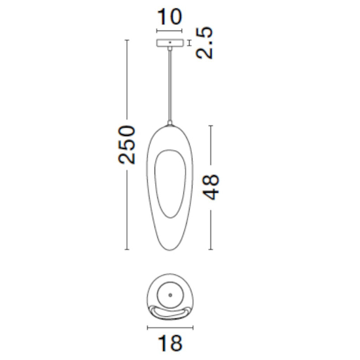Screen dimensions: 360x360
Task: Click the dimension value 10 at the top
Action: (x=170, y=17)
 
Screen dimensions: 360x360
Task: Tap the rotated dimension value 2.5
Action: (x=204, y=43)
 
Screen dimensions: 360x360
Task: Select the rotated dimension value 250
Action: (x=126, y=145)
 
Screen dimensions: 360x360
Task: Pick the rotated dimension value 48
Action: (x=211, y=187)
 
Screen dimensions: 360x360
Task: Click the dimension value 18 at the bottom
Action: (x=170, y=343)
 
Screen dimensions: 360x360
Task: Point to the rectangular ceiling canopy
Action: (x=170, y=43)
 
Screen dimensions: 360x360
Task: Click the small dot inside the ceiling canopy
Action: (x=170, y=43)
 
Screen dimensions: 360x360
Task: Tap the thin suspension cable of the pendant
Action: (x=170, y=85)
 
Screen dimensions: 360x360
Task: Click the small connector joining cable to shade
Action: (x=170, y=123)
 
